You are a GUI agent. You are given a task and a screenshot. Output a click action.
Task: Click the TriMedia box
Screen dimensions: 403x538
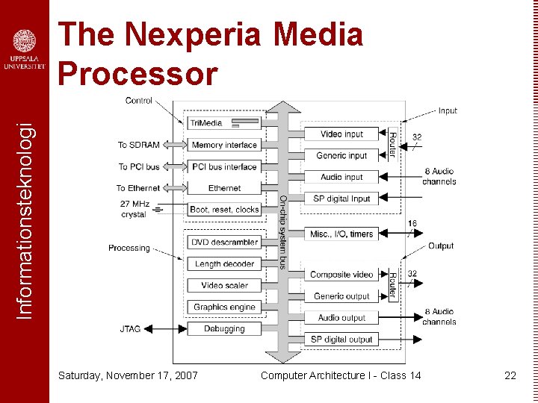[223, 123]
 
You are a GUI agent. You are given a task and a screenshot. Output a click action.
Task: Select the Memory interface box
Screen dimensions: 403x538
[223, 145]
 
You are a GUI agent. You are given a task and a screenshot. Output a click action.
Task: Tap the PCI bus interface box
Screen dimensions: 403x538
[223, 166]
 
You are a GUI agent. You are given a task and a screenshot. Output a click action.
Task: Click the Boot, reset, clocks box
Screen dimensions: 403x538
[223, 210]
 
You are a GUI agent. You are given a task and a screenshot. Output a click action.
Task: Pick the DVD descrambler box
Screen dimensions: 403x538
[223, 243]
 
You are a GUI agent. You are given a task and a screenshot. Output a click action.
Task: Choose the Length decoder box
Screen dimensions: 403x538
[223, 264]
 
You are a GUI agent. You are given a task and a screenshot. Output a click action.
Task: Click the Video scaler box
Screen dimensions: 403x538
[223, 285]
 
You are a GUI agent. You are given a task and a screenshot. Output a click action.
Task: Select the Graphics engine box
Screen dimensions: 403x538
[223, 307]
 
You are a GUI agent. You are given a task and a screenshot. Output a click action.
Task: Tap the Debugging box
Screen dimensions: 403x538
[223, 328]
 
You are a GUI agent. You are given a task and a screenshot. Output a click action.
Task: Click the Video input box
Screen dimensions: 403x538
[341, 134]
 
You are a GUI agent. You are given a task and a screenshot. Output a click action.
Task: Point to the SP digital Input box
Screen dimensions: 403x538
[341, 199]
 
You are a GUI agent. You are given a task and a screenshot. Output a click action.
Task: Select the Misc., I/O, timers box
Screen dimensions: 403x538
[341, 234]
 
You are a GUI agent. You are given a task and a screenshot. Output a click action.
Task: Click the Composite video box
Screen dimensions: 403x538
[341, 275]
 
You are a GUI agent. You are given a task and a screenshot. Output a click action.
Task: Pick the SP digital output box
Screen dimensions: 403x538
[341, 340]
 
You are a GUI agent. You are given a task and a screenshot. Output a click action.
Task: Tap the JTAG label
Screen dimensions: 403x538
[129, 328]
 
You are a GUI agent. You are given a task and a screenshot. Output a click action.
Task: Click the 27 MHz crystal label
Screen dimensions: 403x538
[134, 209]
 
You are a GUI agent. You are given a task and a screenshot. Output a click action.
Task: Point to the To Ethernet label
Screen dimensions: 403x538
[137, 188]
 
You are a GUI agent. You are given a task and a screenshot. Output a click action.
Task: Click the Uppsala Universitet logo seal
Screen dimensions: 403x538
[24, 41]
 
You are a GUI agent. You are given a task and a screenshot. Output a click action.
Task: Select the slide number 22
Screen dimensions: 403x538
[510, 375]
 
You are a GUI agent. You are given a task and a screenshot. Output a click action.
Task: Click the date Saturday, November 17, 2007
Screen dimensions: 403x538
[128, 375]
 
